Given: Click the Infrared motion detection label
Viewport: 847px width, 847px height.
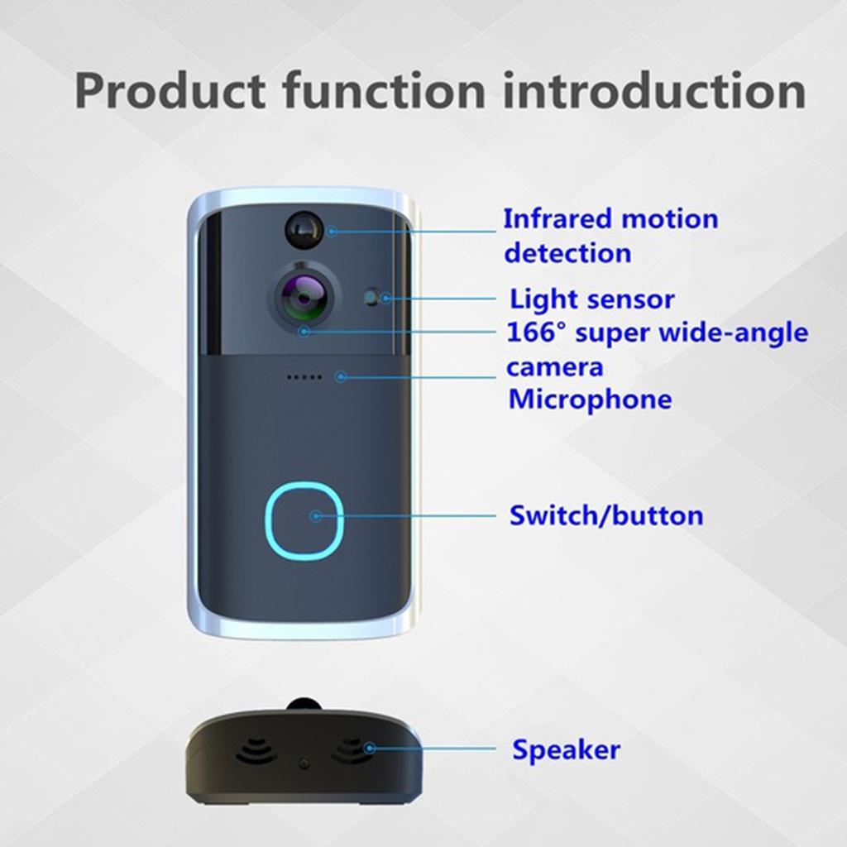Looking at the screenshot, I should pyautogui.click(x=610, y=236).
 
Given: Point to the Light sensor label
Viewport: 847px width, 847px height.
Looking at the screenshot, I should pyautogui.click(x=591, y=299).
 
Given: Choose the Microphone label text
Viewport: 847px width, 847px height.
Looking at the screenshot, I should pyautogui.click(x=589, y=400).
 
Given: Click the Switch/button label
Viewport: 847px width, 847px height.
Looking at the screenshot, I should pyautogui.click(x=605, y=515).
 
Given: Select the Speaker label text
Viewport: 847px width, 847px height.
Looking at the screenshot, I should pyautogui.click(x=566, y=750).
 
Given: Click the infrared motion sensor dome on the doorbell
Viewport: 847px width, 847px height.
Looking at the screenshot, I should pyautogui.click(x=304, y=229).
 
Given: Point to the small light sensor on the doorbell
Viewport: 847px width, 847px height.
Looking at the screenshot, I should pyautogui.click(x=373, y=296).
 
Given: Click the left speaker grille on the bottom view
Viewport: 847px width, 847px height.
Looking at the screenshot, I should pyautogui.click(x=256, y=750).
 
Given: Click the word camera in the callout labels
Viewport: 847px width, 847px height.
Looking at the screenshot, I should pyautogui.click(x=554, y=366).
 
